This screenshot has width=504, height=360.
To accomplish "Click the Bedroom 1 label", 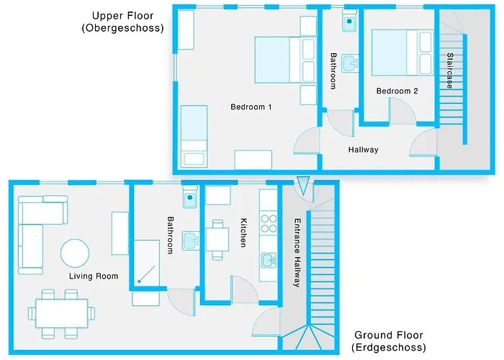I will (x=251, y=107).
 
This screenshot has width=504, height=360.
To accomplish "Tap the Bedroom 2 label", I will (x=397, y=91).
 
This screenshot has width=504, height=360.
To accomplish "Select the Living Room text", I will (x=94, y=276).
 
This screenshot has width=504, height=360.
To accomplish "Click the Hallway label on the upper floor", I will (x=363, y=150).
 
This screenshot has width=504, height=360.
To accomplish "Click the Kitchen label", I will (x=243, y=232).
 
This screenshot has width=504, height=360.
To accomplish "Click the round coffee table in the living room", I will (x=76, y=253).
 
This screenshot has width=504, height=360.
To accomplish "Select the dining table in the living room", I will (x=60, y=312).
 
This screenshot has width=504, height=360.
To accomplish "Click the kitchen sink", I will (x=268, y=260).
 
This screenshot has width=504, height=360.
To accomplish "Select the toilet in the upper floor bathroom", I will (x=350, y=21).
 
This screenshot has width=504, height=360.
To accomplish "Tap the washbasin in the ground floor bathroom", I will (x=190, y=240).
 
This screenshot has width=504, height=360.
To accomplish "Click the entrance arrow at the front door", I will (x=303, y=186).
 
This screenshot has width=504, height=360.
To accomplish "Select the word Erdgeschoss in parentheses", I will (x=389, y=348).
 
